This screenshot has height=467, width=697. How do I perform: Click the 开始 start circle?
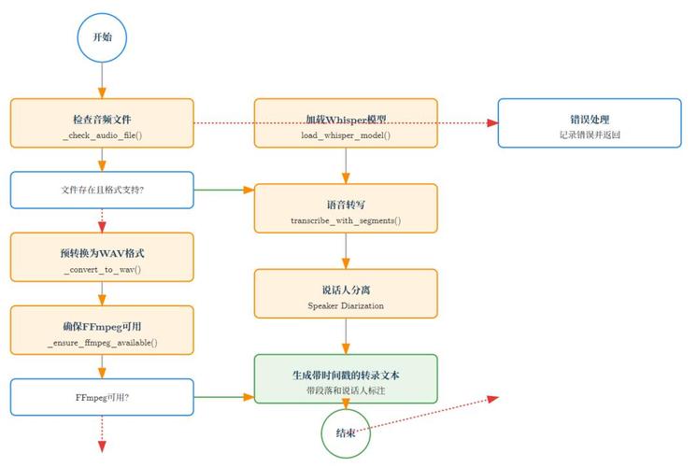pos(102,37)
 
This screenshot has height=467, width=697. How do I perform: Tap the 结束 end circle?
pos(346,432)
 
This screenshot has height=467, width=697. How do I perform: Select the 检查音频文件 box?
pos(102,122)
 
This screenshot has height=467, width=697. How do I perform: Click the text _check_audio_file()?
pos(102,135)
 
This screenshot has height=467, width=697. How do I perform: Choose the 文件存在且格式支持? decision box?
pos(102,190)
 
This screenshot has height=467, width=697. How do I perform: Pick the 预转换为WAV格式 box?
pos(102,257)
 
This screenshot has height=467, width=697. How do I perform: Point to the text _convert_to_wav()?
pos(102,270)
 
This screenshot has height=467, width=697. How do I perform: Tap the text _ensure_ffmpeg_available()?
pos(102,343)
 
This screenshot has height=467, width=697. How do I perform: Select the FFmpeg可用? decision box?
pos(102,397)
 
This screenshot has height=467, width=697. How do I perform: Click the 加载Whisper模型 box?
pos(346,122)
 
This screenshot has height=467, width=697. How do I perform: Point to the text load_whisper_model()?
pos(346,135)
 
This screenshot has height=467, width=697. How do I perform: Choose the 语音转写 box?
pos(346,207)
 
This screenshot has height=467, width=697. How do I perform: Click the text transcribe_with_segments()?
pos(346,220)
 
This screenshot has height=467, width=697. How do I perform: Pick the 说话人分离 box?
pos(346,293)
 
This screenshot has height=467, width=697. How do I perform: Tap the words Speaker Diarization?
pos(346,305)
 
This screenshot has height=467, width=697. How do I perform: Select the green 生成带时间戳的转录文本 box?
pos(346,378)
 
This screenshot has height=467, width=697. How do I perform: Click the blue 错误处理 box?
pos(590,122)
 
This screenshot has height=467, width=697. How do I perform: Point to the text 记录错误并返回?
pos(590,135)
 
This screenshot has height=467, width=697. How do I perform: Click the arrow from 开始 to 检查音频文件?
pos(102,79)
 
